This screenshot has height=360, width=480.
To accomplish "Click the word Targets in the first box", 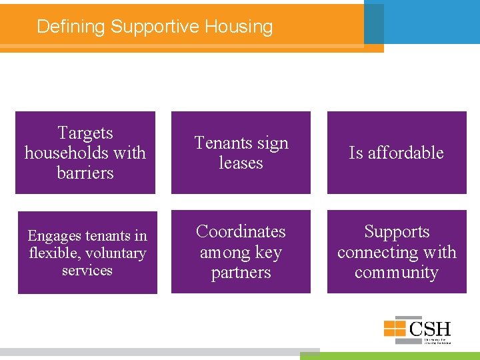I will tap(85, 133).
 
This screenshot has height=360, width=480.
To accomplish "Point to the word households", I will tap(67, 153).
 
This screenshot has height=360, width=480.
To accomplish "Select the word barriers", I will tap(85, 173).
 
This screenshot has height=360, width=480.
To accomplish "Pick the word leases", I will tap(241, 163).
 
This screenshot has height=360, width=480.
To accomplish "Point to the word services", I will tap(87, 270).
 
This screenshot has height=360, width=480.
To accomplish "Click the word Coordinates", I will tap(241, 231).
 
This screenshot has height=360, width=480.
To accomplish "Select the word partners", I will tap(241, 273).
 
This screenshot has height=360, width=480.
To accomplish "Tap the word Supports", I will tap(397, 231).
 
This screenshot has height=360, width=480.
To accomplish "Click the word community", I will tap(397, 273).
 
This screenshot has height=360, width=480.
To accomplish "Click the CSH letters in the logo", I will tap(431, 328).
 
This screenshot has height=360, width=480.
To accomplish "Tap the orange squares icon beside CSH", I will tap(395, 328).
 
